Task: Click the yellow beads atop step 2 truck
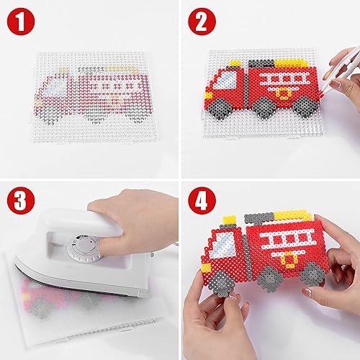coord(284,55)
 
